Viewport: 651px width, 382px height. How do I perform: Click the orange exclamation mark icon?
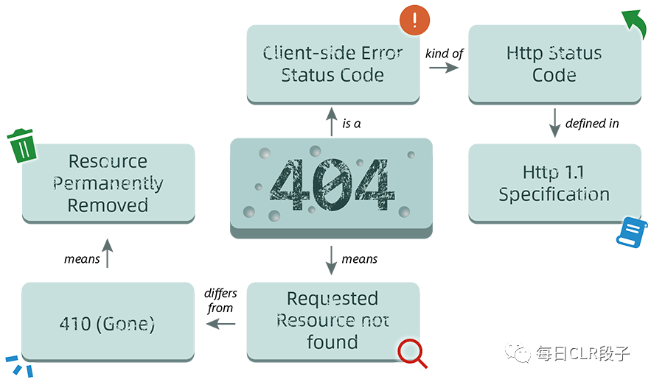[x=414, y=20]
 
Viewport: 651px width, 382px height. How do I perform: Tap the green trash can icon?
[x=21, y=146]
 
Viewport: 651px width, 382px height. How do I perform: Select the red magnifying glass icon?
[x=412, y=353]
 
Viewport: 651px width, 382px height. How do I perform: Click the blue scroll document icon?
[x=632, y=232]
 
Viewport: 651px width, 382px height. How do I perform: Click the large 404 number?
[x=331, y=185]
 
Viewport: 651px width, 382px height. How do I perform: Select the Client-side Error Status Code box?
[x=333, y=64]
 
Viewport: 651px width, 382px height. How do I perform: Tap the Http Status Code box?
[x=554, y=64]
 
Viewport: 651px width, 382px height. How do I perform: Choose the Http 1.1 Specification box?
[x=554, y=183]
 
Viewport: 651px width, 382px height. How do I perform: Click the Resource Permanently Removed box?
[x=108, y=183]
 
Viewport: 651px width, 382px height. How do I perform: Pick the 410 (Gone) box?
[x=108, y=322]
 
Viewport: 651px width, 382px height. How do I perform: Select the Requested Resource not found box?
[x=333, y=322]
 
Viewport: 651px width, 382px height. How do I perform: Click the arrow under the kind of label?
[x=444, y=67]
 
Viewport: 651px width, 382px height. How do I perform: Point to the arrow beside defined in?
[x=554, y=123]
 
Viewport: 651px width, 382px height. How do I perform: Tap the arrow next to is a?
[x=331, y=121]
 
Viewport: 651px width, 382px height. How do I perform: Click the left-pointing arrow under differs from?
[x=220, y=324]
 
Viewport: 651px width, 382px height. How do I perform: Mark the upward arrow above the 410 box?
[x=108, y=253]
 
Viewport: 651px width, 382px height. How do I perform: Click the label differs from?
[x=220, y=300]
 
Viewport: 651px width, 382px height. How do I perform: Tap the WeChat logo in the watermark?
[x=518, y=352]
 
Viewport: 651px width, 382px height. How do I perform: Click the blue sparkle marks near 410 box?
[x=19, y=365]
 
